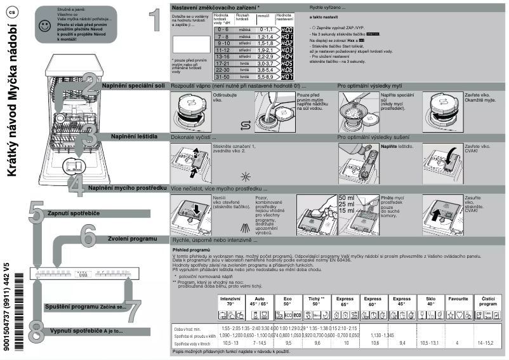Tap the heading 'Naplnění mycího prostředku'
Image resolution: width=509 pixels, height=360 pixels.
click(127, 188)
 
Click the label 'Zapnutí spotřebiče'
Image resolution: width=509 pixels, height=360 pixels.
click(74, 213)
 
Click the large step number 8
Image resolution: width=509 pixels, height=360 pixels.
click(36, 331)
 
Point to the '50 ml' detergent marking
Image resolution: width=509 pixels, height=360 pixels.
click(347, 198)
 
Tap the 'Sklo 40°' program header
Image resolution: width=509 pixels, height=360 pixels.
click(430, 301)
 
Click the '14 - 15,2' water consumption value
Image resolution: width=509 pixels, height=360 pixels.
click(489, 343)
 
